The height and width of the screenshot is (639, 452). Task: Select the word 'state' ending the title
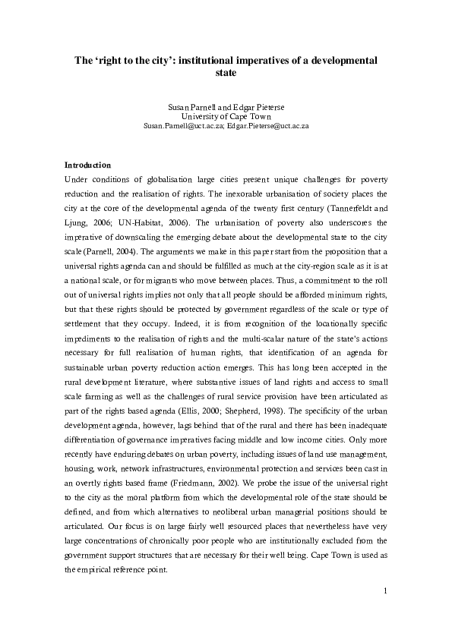[226, 73]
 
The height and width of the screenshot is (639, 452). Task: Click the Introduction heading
[87, 164]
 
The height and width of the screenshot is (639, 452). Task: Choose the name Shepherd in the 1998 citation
[195, 396]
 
